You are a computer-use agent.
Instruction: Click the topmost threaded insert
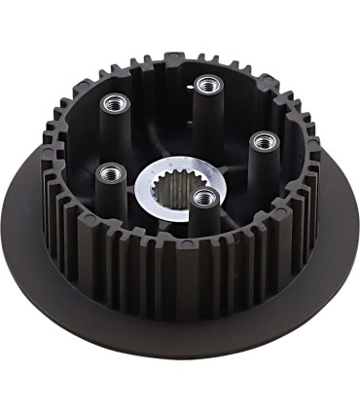point(205,85)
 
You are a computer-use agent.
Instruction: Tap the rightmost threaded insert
point(261,141)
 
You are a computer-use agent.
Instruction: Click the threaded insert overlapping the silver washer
point(203,198)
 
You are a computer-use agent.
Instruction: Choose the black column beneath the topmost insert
point(205,117)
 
